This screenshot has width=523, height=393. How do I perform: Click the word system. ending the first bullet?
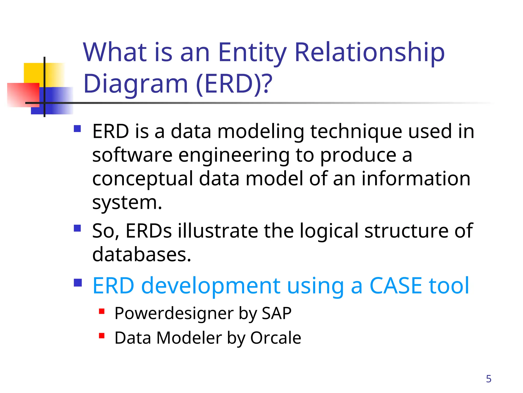tap(127, 203)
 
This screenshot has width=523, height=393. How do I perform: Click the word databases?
tap(141, 255)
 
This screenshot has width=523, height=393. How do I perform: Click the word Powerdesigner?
tap(174, 313)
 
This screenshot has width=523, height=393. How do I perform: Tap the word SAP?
tap(277, 313)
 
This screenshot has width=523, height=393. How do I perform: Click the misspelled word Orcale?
tap(276, 338)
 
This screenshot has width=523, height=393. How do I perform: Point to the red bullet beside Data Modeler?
tap(102, 336)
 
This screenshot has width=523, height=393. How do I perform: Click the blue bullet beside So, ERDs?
tap(77, 228)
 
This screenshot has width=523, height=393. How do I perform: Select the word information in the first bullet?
tap(416, 179)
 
